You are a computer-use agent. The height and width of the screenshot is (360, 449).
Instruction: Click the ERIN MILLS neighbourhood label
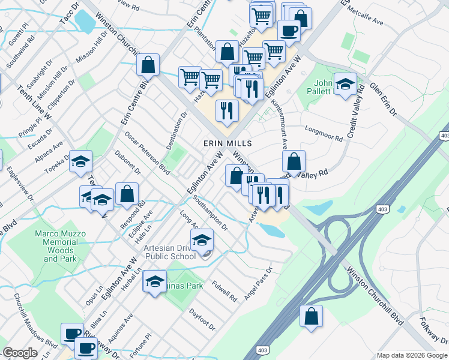[228, 144]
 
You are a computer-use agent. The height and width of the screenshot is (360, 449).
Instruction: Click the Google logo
[20, 353]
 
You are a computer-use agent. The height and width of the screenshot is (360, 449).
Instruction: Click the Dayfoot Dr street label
[202, 319]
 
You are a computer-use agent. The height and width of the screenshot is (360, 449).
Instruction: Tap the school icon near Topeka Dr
[80, 161]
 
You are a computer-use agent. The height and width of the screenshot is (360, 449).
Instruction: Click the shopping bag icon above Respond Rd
[127, 194]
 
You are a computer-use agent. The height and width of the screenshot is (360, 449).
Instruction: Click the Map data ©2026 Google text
[412, 355]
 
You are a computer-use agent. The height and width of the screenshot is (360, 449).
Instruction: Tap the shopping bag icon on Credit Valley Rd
[294, 161]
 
